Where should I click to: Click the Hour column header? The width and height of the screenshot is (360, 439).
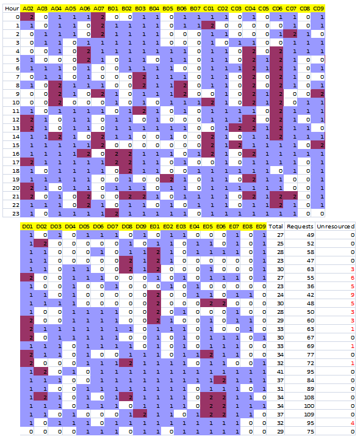pyautogui.click(x=10, y=9)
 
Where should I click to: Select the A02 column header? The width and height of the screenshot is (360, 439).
pyautogui.click(x=27, y=9)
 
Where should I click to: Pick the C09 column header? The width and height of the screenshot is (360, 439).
pyautogui.click(x=319, y=9)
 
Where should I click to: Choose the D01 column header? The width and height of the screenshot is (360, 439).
pyautogui.click(x=27, y=227)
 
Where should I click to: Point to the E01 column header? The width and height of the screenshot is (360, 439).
pyautogui.click(x=154, y=227)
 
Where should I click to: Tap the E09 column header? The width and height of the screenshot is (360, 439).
pyautogui.click(x=261, y=227)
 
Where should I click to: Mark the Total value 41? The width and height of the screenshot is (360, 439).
pyautogui.click(x=280, y=371)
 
